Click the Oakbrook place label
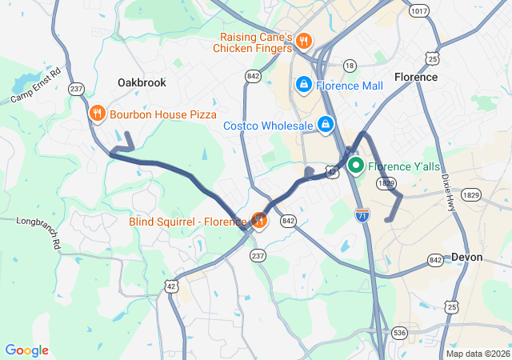pyautogui.click(x=141, y=82)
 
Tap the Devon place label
pyautogui.click(x=467, y=257)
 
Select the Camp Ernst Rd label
pyautogui.click(x=36, y=86)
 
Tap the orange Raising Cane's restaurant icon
pyautogui.click(x=303, y=41)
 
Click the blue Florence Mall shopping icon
pyautogui.click(x=304, y=84)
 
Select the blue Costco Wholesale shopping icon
pyautogui.click(x=326, y=125)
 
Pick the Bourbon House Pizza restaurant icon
pyautogui.click(x=97, y=114)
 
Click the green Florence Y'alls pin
pyautogui.click(x=356, y=166)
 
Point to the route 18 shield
pyautogui.click(x=349, y=66)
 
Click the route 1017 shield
pyautogui.click(x=418, y=10)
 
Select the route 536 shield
pyautogui.click(x=400, y=333)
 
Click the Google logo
pyautogui.click(x=26, y=350)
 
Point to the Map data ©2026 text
pyautogui.click(x=477, y=354)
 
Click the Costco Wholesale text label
pyautogui.click(x=268, y=126)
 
